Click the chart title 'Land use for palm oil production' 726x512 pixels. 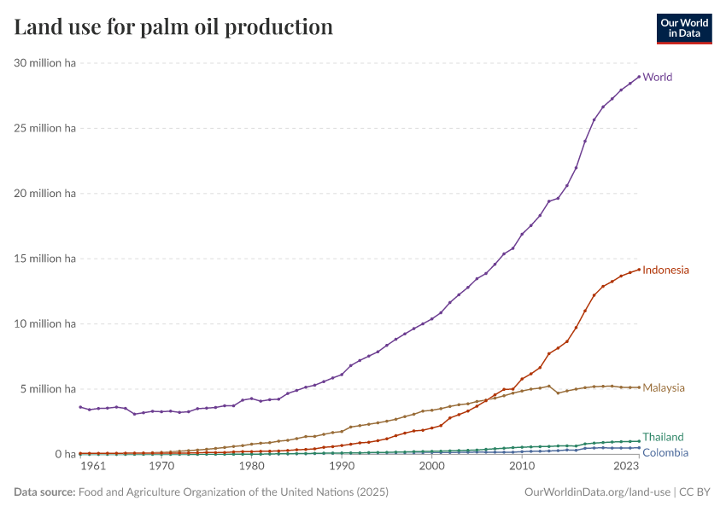[x=173, y=27]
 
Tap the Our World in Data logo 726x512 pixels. [x=683, y=28]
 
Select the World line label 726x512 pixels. [x=657, y=77]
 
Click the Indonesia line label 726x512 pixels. [x=665, y=270]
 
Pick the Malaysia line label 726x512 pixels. [x=663, y=387]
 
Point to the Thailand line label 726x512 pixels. [x=663, y=437]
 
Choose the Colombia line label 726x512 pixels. [x=665, y=452]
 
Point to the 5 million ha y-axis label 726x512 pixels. [x=48, y=389]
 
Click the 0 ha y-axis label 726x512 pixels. [x=66, y=454]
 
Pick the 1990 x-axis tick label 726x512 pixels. [x=342, y=467]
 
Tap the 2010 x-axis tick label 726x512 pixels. [x=522, y=467]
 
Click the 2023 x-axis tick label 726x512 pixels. [x=626, y=467]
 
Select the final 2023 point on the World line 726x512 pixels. [x=639, y=76]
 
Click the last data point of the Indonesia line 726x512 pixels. [x=639, y=270]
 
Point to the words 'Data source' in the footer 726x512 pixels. [x=43, y=492]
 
